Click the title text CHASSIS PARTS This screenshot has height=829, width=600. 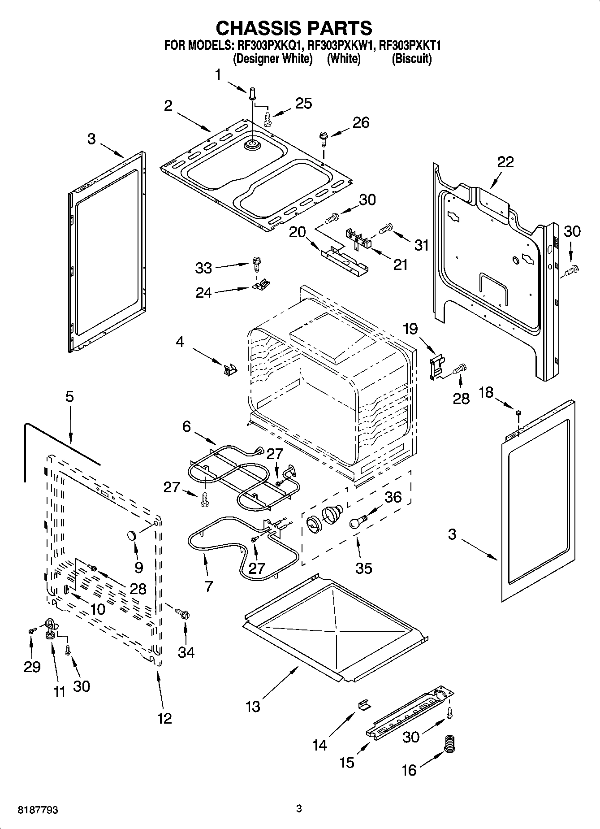click(x=294, y=28)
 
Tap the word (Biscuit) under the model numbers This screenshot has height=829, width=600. click(x=411, y=59)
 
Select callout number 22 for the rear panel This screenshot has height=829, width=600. click(x=505, y=162)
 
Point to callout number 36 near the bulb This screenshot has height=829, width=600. click(x=393, y=497)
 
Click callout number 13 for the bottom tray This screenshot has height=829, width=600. click(x=253, y=707)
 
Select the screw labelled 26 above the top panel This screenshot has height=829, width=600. click(x=322, y=137)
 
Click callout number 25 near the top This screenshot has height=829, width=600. click(x=303, y=103)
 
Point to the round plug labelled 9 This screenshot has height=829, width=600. click(x=132, y=535)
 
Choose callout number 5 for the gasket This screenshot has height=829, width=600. click(x=69, y=397)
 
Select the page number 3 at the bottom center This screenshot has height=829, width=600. click(x=299, y=809)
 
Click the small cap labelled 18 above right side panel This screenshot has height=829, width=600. click(x=518, y=412)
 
